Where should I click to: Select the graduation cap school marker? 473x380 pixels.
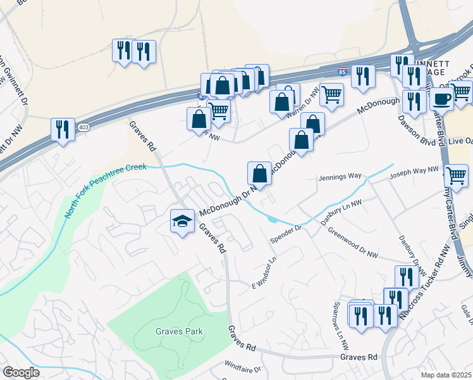point(182,221)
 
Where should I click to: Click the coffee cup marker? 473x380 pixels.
point(441,99)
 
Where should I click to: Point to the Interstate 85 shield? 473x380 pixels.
point(341,72)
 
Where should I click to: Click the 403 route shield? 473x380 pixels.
point(83,127)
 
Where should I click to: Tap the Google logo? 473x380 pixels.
point(21,372)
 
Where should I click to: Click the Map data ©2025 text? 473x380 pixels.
point(446,374)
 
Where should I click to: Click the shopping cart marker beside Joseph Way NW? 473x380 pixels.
point(456,175)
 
